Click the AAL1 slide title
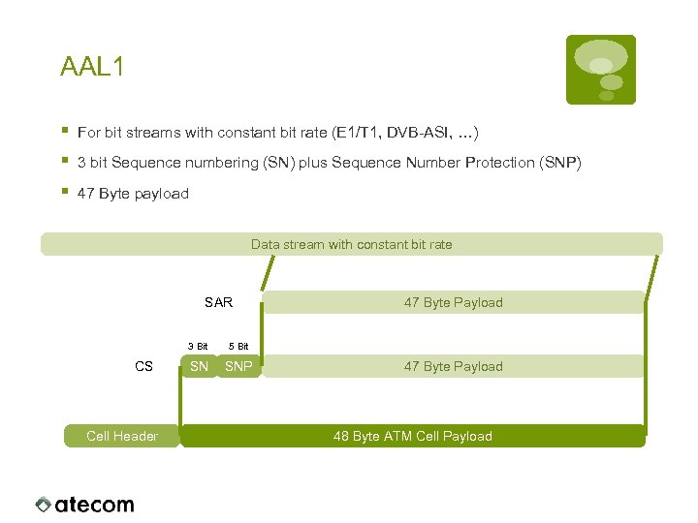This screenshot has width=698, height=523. coord(92,67)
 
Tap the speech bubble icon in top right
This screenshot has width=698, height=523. coord(601,69)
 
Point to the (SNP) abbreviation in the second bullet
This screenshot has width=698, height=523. coord(559,163)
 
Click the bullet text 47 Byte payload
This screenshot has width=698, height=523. coord(133,194)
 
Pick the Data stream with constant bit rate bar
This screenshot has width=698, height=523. coord(351,244)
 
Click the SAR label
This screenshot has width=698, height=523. coord(218,302)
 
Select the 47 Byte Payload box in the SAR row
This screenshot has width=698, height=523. coord(453,302)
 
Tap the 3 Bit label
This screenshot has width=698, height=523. coord(197,346)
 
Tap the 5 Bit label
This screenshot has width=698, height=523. coord(238,346)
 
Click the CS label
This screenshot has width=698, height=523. coord(143,366)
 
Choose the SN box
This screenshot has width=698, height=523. coord(199,366)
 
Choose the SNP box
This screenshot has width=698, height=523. coord(238,366)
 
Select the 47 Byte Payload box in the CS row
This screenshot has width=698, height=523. coord(453,366)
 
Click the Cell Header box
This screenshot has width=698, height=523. coord(122,436)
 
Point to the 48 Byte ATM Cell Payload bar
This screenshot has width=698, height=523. coord(412,436)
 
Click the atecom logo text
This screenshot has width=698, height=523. coord(94,505)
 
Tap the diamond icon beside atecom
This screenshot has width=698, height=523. coord(43,505)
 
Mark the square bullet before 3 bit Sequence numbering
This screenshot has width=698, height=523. coord(63,161)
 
